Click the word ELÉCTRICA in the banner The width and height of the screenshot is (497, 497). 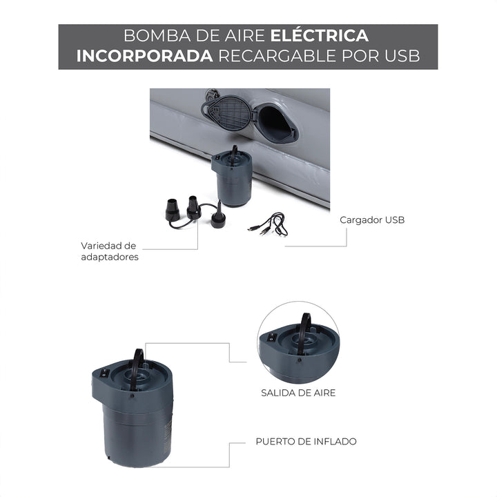[x=319, y=35]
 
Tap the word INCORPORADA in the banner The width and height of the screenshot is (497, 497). [x=144, y=56]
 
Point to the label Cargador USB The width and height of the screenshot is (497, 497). [x=372, y=220]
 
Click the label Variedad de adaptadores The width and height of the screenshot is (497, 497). [x=109, y=251]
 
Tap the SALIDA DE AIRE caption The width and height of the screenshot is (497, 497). [x=298, y=393]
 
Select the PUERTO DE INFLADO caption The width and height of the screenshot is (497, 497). [x=306, y=441]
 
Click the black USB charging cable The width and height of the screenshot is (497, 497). [x=269, y=225]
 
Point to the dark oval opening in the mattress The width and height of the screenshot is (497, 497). [x=275, y=122]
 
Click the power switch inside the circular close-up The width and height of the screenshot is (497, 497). [x=272, y=338]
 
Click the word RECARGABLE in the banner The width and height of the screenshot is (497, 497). [x=277, y=56]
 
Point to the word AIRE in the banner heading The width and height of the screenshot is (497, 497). [x=244, y=35]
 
